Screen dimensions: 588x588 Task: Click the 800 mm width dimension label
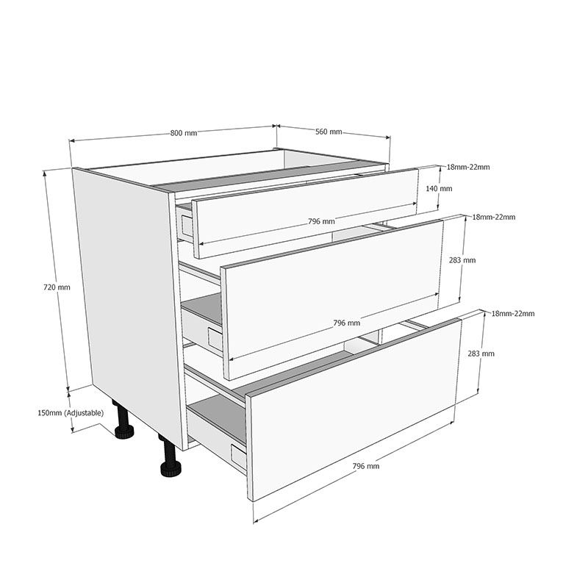coord(184,133)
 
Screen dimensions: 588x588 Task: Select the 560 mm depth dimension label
coord(329,132)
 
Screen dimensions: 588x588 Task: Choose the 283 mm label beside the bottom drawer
coord(483,354)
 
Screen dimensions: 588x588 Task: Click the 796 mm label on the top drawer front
coord(321,221)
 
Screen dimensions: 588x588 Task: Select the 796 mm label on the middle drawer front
coord(346,323)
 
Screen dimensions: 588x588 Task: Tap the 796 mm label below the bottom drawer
coord(366,466)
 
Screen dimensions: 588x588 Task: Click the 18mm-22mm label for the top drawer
coord(468,168)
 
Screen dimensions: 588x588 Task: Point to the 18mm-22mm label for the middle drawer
coord(493,217)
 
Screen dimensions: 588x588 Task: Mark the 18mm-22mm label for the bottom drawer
coord(513,314)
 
